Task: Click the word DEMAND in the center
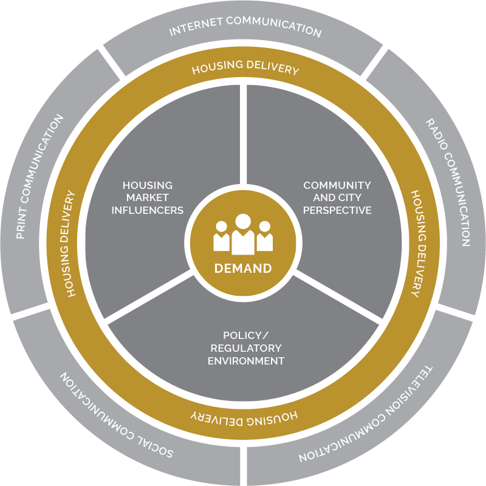point(243,269)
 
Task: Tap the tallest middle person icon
point(243,234)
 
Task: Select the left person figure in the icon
point(221,236)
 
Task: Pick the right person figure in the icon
point(265,236)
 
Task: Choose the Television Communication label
point(366,416)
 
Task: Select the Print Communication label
point(39,177)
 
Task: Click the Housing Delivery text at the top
point(245,67)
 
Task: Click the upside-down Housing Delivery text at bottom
point(244,418)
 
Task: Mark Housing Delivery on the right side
point(419,244)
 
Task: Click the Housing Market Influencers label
point(148,198)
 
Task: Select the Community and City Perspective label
point(337,198)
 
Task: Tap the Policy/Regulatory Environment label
point(246,348)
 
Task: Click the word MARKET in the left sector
point(148,197)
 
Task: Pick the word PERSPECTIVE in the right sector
point(337,210)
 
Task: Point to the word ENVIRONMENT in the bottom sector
point(246,361)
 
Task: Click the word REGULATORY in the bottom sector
point(246,348)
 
